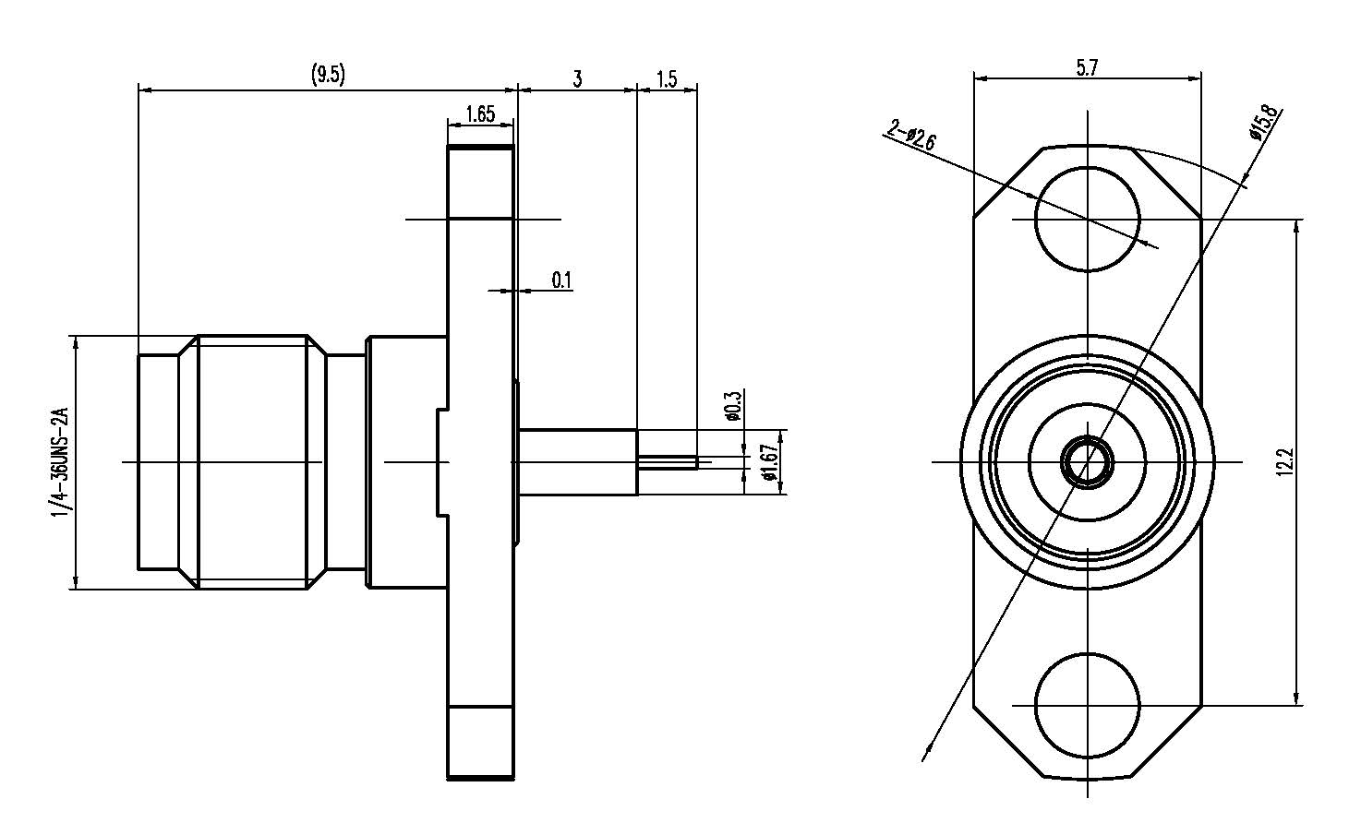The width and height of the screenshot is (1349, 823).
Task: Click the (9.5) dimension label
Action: coord(328,76)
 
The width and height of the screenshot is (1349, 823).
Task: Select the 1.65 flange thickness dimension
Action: coord(480,114)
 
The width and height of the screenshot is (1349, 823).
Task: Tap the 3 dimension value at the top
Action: coord(578,78)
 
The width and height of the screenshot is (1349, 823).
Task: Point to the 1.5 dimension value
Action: coord(667,78)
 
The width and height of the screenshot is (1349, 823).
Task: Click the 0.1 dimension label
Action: coord(561,280)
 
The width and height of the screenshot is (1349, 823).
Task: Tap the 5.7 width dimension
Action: coord(1087,67)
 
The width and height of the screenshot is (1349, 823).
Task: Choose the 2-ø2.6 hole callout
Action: coord(911,135)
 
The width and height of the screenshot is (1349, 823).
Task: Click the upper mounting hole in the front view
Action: coord(1087,219)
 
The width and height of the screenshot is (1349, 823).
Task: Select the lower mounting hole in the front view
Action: coord(1087,704)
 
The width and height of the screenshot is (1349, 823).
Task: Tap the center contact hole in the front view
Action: coord(1087,461)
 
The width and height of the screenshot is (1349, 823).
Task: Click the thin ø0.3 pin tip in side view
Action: coord(668,461)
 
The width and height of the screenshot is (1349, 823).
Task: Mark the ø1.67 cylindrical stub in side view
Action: coord(578,461)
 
